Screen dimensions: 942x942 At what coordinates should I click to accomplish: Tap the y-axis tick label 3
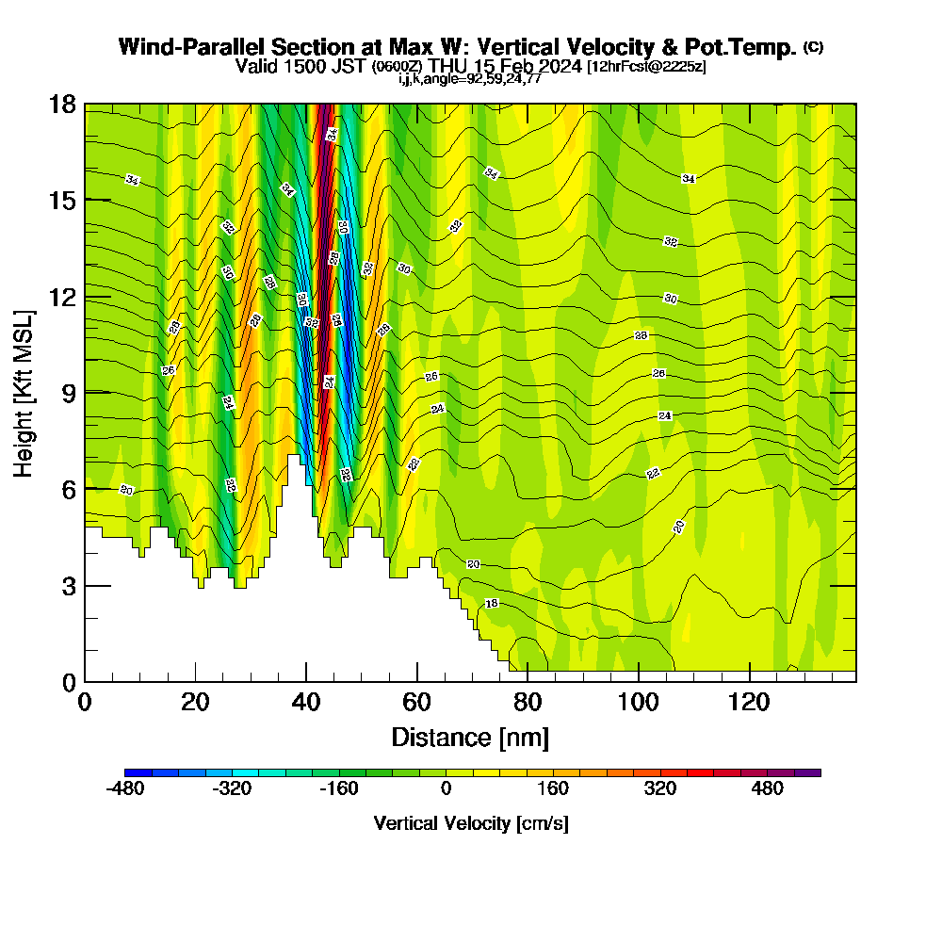(x=68, y=585)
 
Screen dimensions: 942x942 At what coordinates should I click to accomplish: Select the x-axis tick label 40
(x=306, y=702)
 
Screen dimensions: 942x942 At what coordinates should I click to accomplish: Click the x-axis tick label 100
(x=639, y=702)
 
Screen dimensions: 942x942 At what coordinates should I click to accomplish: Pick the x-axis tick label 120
(x=750, y=702)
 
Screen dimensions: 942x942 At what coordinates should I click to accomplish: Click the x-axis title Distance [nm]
(x=470, y=737)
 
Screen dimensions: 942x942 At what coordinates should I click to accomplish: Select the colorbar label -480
(x=124, y=789)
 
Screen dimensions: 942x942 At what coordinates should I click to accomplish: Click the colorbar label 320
(x=660, y=789)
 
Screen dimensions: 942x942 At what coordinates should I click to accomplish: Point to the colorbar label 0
(x=446, y=789)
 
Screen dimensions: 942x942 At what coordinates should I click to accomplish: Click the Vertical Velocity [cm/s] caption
(x=471, y=823)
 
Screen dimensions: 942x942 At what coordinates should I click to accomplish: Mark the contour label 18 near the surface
(x=491, y=603)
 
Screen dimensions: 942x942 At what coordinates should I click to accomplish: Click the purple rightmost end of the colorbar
(x=814, y=772)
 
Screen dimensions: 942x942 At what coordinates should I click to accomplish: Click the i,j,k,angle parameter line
(x=469, y=79)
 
